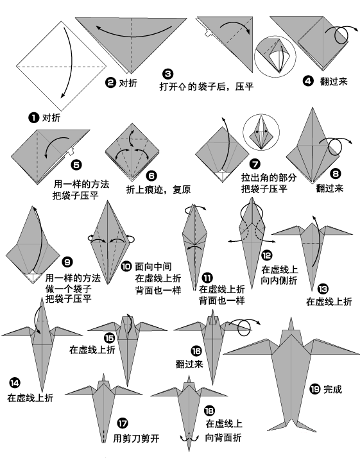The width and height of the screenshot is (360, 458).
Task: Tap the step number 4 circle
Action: point(308,81)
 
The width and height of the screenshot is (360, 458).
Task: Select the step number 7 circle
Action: point(255,164)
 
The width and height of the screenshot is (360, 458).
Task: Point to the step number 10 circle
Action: point(126,265)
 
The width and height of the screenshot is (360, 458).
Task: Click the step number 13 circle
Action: point(323,289)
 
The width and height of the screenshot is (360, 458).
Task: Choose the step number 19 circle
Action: point(315,389)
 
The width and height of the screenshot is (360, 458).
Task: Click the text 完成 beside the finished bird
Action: point(333,389)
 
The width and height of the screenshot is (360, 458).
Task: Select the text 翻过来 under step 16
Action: point(189,364)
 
